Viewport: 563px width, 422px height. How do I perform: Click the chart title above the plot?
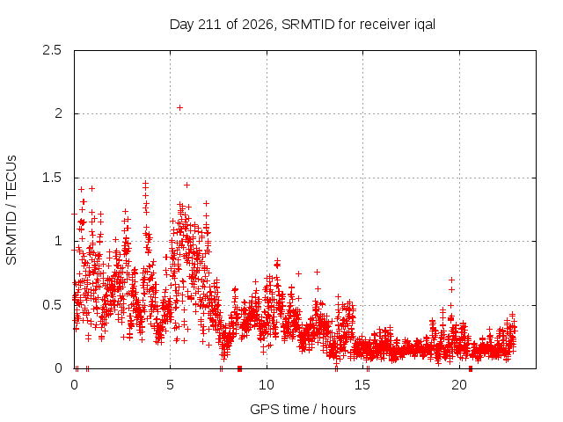(303, 25)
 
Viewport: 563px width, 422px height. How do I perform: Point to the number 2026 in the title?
(258, 25)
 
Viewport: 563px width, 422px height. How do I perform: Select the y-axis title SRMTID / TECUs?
(11, 210)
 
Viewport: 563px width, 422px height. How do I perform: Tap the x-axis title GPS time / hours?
(303, 409)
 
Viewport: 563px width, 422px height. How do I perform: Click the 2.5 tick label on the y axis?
(52, 50)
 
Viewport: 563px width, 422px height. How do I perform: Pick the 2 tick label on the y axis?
(58, 113)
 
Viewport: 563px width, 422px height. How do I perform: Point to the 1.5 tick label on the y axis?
(52, 178)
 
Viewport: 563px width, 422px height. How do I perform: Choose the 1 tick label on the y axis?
(59, 241)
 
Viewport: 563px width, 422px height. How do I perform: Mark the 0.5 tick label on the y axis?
(52, 305)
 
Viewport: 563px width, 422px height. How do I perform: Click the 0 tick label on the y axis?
(58, 368)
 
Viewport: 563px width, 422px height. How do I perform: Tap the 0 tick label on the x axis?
(74, 385)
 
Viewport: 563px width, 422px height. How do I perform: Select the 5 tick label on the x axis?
(170, 385)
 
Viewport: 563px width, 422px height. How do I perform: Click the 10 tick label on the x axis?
(267, 385)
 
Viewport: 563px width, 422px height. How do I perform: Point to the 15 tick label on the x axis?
(362, 385)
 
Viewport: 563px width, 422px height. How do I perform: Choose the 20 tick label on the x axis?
(459, 385)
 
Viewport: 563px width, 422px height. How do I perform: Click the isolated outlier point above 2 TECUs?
(179, 107)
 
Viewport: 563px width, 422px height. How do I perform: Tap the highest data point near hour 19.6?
(451, 280)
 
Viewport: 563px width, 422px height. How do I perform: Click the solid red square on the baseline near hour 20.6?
(471, 368)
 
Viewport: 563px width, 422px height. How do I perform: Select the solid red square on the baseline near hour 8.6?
(239, 368)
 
